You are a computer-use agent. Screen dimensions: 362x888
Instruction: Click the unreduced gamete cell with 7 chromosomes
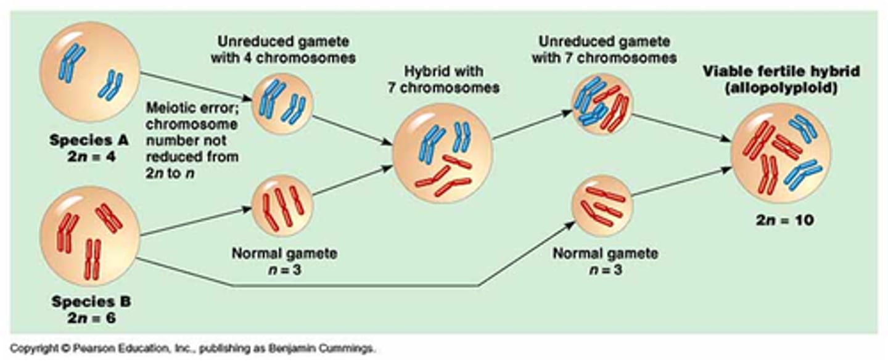tap(602, 104)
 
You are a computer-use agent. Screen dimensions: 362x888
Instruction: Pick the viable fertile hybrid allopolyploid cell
tap(781, 154)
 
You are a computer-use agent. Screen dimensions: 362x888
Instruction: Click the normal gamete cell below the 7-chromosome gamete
tap(602, 205)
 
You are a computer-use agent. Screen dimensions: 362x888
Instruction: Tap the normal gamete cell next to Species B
tap(283, 206)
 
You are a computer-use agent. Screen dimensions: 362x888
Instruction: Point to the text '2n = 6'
tap(91, 319)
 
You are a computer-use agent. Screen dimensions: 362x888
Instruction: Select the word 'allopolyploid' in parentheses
tap(781, 88)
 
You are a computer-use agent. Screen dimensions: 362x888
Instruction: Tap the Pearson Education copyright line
tap(192, 349)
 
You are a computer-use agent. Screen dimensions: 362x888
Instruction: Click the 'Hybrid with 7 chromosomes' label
tap(443, 80)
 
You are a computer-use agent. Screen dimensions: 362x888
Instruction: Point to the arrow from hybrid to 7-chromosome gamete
tap(532, 126)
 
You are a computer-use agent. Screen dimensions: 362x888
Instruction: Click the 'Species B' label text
tap(91, 302)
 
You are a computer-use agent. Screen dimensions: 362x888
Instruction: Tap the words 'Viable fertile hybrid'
tap(781, 72)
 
